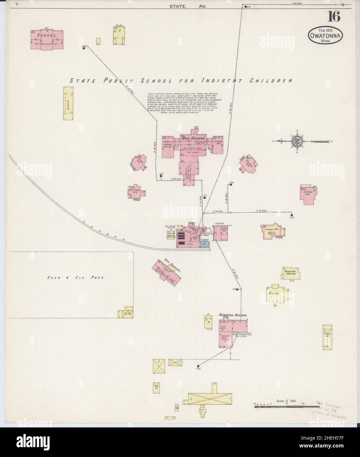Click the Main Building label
tap(196, 138)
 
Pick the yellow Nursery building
tap(68, 102)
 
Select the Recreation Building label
tap(233, 315)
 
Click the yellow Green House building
tap(327, 341)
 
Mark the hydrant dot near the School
tap(84, 48)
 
